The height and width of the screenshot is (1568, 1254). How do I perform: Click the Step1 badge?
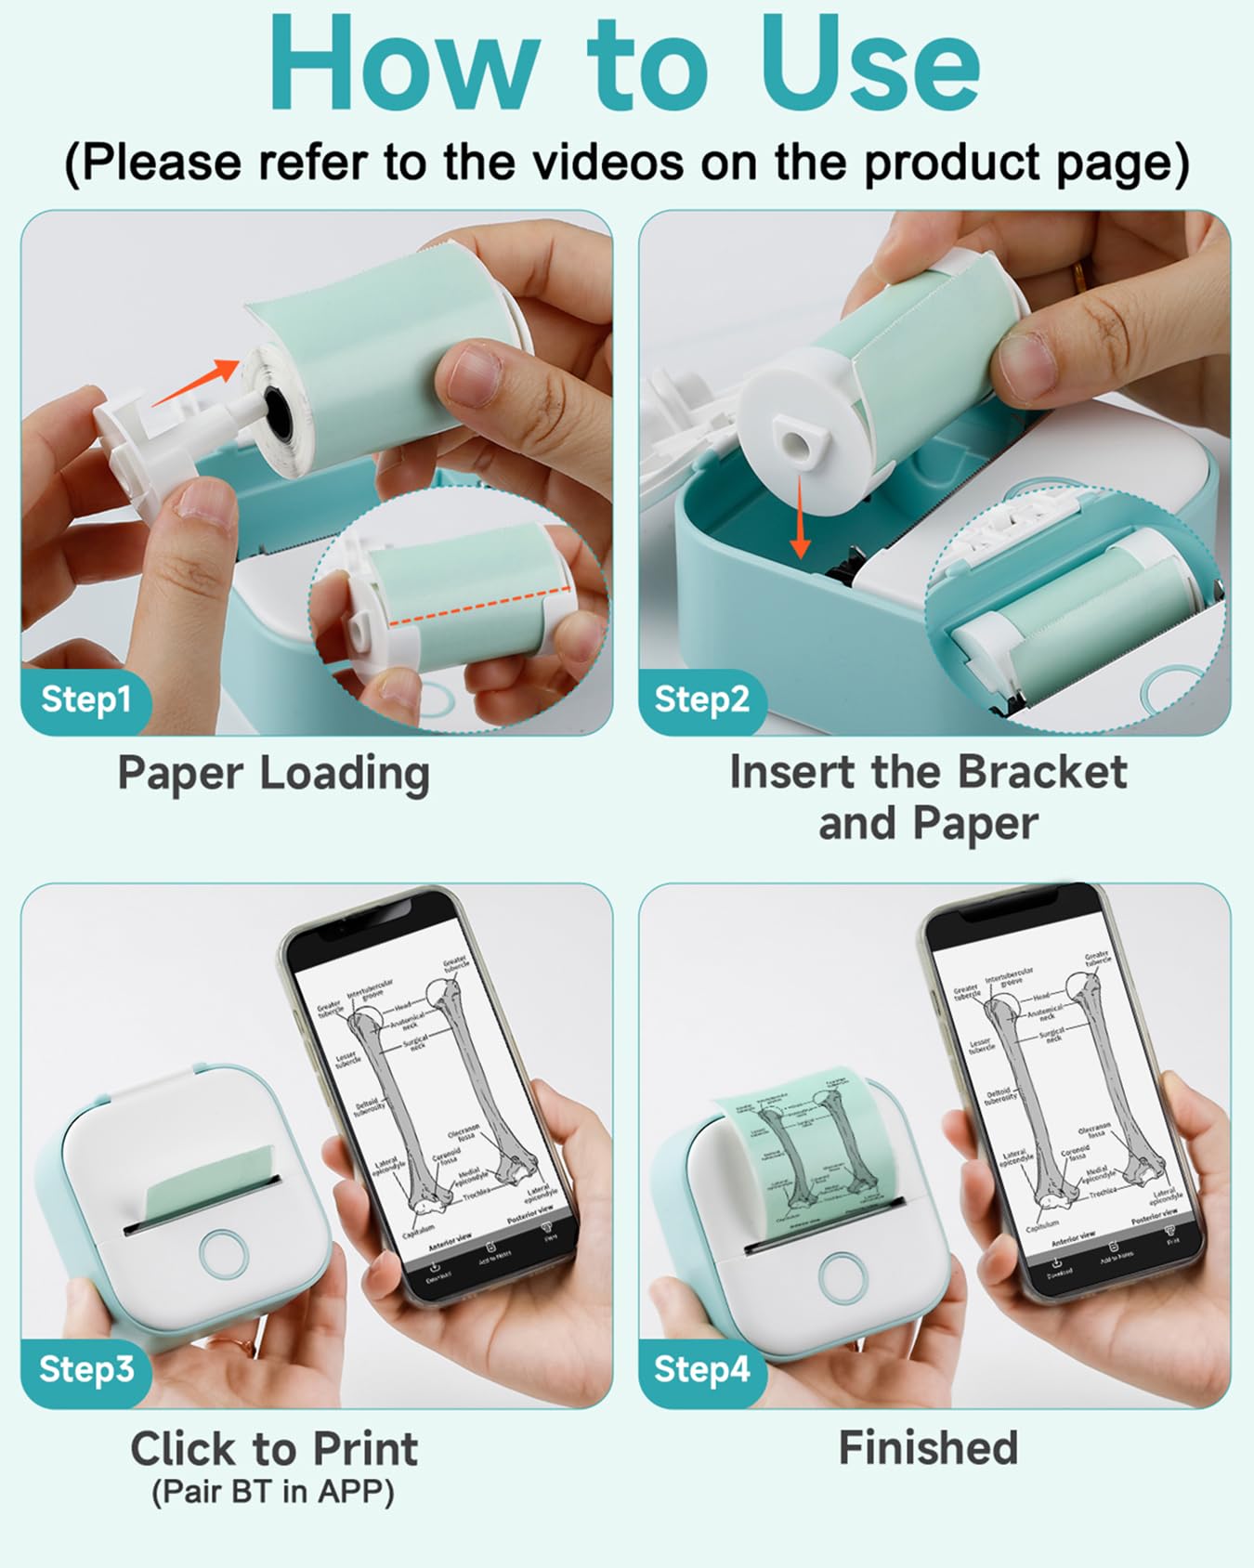point(85,699)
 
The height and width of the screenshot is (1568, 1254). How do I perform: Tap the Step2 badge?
point(701,699)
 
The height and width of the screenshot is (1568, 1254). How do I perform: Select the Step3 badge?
point(86,1368)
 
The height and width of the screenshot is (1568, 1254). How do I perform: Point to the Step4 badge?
point(701,1368)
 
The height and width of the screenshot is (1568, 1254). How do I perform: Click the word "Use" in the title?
point(870,65)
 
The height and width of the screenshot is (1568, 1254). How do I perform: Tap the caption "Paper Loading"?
point(273,773)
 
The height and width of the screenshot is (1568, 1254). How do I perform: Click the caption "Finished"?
point(928,1447)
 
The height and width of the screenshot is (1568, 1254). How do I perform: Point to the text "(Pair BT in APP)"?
point(273,1492)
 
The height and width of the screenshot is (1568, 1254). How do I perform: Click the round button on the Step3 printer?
point(224,1254)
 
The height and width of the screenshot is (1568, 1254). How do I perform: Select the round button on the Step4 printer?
point(843,1275)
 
